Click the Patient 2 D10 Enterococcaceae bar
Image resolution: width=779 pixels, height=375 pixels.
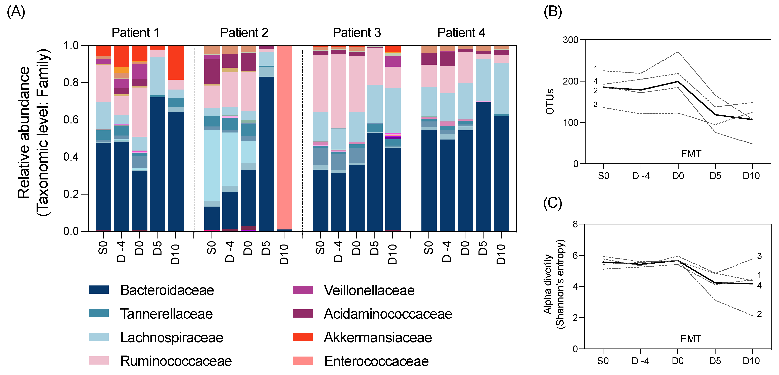(284, 138)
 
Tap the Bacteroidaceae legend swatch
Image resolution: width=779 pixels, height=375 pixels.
(99, 289)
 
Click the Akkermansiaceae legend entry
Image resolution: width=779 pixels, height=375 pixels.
(377, 337)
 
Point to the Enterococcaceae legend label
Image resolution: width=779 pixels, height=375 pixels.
(376, 361)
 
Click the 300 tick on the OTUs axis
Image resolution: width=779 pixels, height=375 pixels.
(570, 40)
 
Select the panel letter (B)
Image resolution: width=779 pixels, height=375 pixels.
(553, 12)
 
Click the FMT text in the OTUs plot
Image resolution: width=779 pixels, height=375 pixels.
(691, 154)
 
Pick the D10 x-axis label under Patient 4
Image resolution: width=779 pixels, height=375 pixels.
(501, 254)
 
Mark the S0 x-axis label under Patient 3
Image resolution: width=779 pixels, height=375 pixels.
(320, 248)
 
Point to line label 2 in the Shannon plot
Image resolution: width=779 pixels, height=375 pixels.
(759, 314)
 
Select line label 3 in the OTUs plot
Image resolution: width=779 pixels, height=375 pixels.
(595, 105)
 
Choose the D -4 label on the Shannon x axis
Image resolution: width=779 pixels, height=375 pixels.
(640, 361)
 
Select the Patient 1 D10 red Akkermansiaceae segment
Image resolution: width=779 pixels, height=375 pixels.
(176, 63)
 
